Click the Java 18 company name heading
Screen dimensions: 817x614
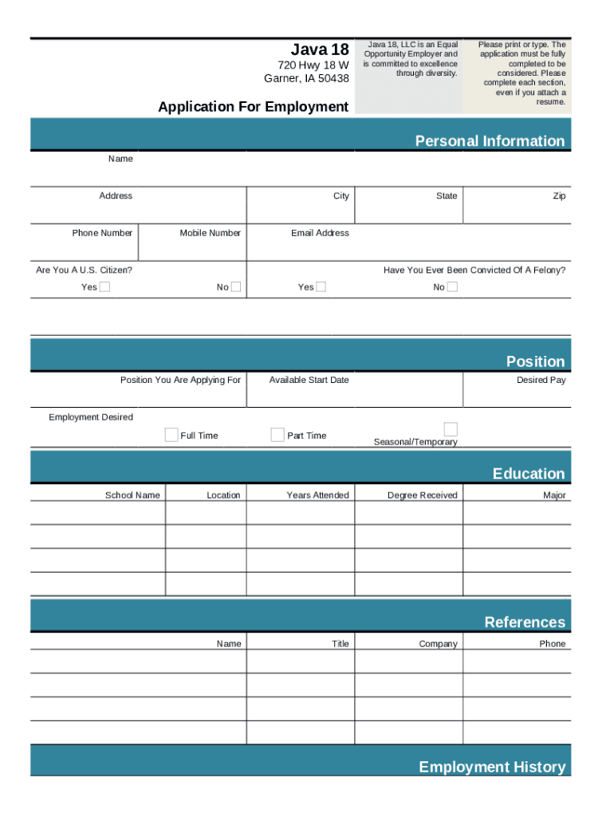pyautogui.click(x=319, y=48)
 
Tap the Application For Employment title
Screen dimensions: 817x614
pyautogui.click(x=253, y=107)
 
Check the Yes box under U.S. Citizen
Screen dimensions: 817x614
pyautogui.click(x=104, y=287)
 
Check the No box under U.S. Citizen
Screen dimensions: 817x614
pyautogui.click(x=236, y=287)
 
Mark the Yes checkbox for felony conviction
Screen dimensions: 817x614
pyautogui.click(x=321, y=287)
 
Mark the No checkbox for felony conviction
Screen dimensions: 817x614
pyautogui.click(x=452, y=287)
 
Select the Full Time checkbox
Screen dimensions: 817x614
pyautogui.click(x=171, y=435)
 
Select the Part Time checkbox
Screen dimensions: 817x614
pyautogui.click(x=277, y=435)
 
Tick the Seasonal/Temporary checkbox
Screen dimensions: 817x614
pyautogui.click(x=451, y=429)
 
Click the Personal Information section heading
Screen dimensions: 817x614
pyautogui.click(x=490, y=141)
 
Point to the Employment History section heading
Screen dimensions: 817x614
pyautogui.click(x=492, y=767)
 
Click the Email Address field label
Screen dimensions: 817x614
pyautogui.click(x=320, y=233)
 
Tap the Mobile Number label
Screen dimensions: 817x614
pyautogui.click(x=210, y=233)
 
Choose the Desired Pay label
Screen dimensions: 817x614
pyautogui.click(x=541, y=380)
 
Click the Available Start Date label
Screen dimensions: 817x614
pyautogui.click(x=309, y=380)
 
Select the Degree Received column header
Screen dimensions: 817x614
pyautogui.click(x=422, y=495)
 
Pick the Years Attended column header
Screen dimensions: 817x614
pyautogui.click(x=317, y=495)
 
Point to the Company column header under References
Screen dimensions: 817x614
pyautogui.click(x=438, y=644)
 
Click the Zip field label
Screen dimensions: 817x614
pyautogui.click(x=559, y=196)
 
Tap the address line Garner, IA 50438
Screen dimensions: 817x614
pyautogui.click(x=306, y=78)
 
